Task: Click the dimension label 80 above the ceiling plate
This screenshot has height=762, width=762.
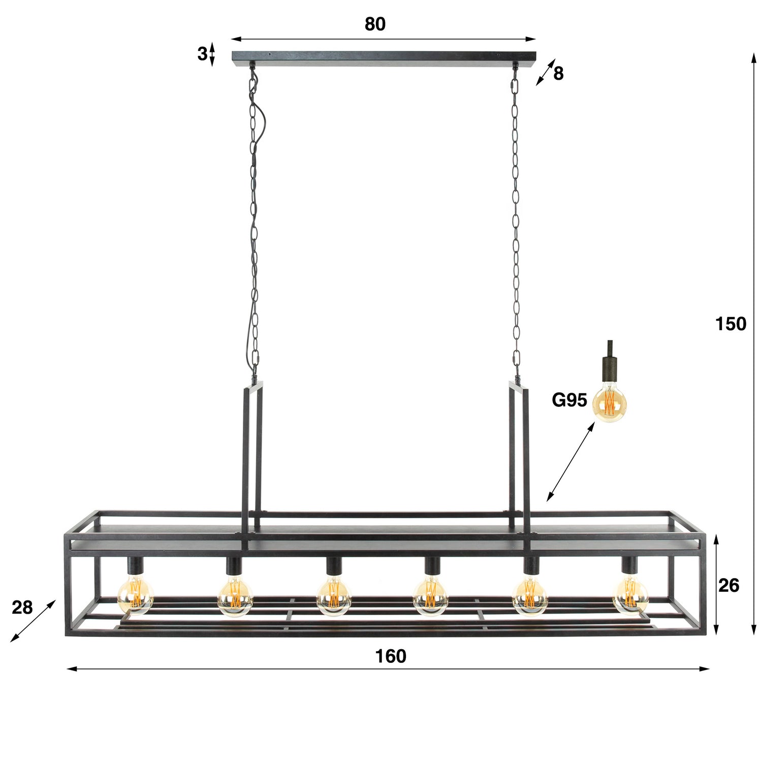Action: tap(375, 24)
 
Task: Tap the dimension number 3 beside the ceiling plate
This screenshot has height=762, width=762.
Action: tap(202, 53)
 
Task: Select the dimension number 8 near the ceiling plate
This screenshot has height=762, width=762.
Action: tap(558, 74)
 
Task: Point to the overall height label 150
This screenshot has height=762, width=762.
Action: tap(731, 324)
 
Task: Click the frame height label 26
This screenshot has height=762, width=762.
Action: tap(728, 585)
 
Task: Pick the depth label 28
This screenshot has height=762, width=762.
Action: tap(22, 607)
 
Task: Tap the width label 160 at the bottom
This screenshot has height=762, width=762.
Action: tap(391, 656)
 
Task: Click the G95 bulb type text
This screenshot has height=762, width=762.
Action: tap(569, 400)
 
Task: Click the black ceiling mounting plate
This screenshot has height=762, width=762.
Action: tap(384, 58)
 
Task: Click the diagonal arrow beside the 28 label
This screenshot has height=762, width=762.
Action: tap(33, 621)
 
